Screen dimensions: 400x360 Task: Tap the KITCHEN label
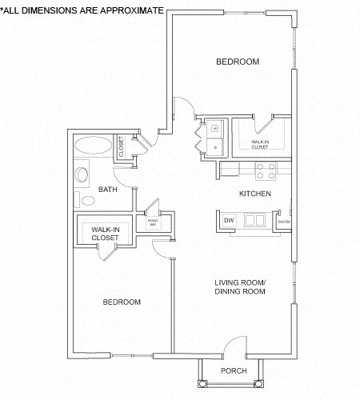point(255,194)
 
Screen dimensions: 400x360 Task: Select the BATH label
point(107,190)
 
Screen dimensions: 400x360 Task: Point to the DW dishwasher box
point(229,220)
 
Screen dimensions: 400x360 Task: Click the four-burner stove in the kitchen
point(266,170)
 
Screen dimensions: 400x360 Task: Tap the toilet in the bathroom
point(81,174)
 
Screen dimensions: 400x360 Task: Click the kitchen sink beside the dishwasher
point(257,220)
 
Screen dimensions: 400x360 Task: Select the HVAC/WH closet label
point(153,223)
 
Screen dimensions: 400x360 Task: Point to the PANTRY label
point(283,221)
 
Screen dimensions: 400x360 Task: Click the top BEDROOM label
point(238,62)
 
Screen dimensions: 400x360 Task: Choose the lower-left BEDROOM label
point(122,302)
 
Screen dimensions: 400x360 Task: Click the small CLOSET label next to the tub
point(122,147)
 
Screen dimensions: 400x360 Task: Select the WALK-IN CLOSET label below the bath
point(105,232)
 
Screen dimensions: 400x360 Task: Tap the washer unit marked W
point(216,127)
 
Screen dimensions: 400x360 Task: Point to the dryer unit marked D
point(216,147)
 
